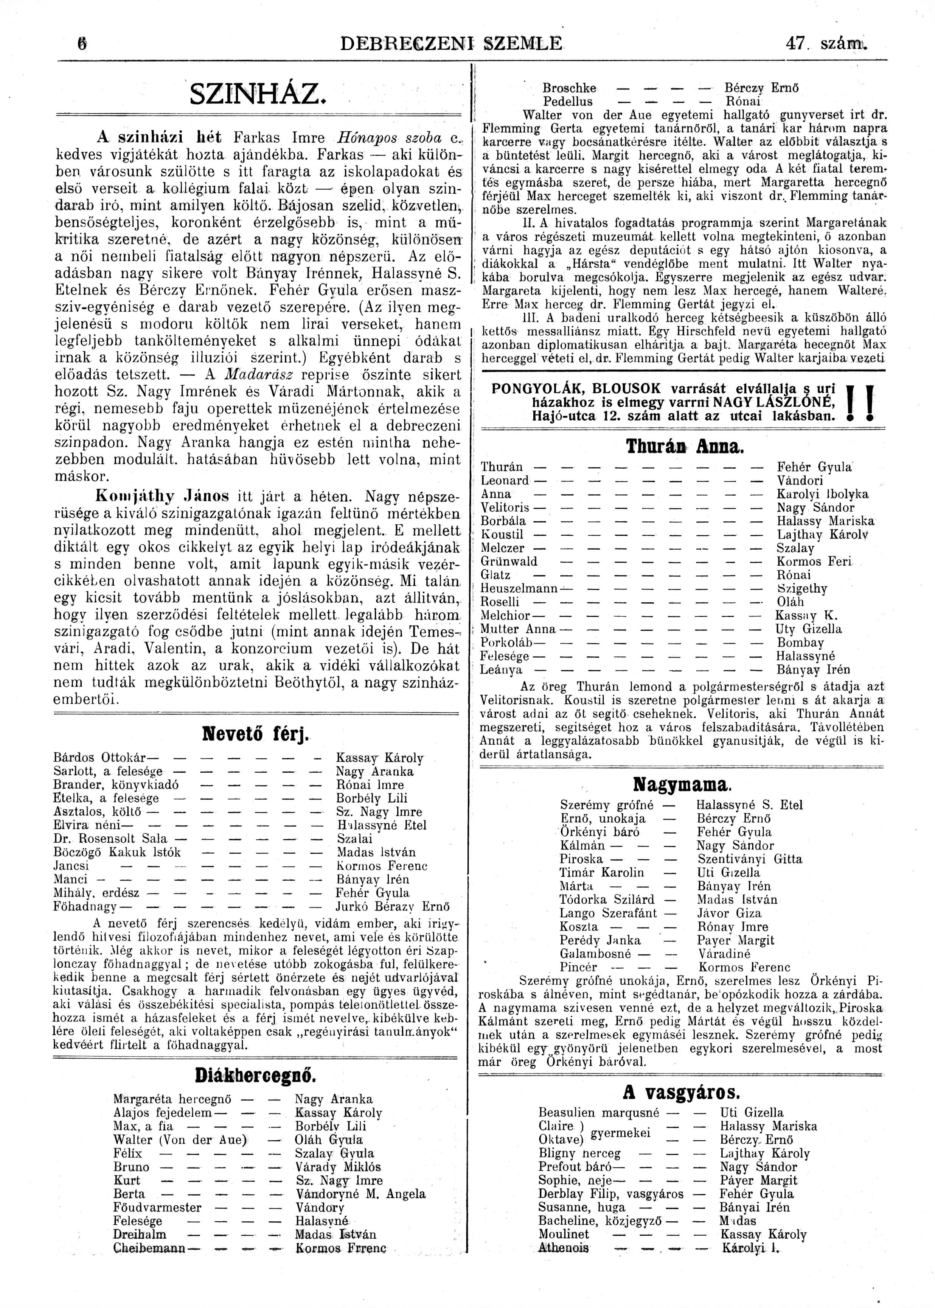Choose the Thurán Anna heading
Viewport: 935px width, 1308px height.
click(684, 447)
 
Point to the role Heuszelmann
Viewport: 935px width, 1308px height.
click(519, 588)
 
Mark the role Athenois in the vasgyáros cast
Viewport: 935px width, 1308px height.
click(564, 1248)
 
